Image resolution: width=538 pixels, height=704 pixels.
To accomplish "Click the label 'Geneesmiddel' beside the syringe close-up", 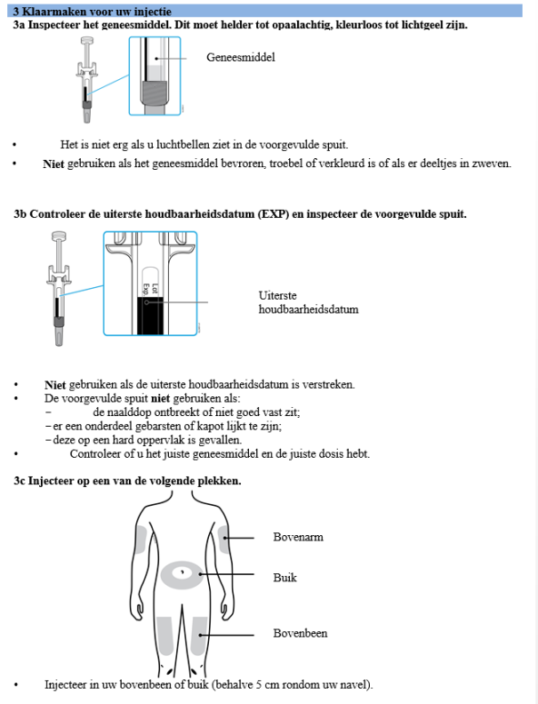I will point(240,57).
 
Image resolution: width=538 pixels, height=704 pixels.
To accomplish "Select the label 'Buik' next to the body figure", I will point(285,578).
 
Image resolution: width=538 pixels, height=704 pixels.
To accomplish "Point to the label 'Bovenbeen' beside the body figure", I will point(300,634).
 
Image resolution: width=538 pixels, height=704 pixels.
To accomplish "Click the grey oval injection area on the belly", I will point(185,572).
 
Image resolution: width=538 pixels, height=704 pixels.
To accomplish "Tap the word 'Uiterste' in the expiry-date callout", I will point(277,295).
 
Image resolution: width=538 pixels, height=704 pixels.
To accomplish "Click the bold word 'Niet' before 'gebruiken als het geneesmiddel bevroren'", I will point(53,164).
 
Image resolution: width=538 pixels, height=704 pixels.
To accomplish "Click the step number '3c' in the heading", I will point(20,481).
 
